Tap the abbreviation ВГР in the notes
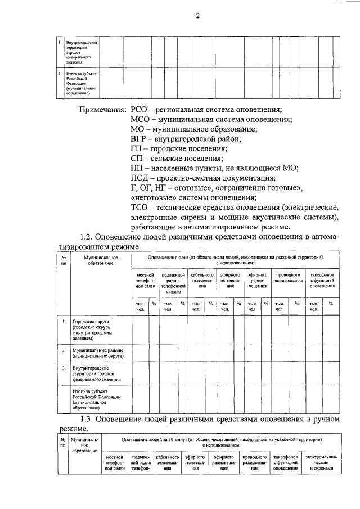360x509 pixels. pos(140,139)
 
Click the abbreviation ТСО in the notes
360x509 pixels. pos(140,207)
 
